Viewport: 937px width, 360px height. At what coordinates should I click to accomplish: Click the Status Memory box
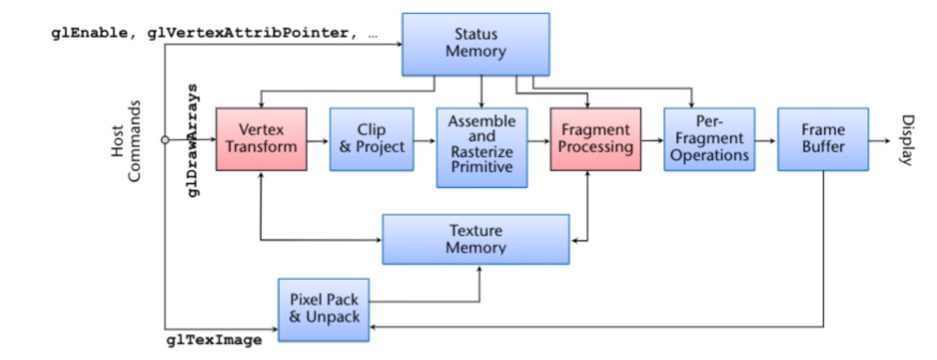pos(475,44)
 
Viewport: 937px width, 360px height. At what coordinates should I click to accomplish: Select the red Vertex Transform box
pos(261,139)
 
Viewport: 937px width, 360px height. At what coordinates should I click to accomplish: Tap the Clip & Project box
pos(372,139)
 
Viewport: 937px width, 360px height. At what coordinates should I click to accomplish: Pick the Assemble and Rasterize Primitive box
pos(482,148)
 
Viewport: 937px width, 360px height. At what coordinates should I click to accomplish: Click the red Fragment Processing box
pos(595,139)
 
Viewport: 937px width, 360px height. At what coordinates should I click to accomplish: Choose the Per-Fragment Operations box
pos(709,139)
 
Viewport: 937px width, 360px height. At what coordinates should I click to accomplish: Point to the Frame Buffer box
pos(822,139)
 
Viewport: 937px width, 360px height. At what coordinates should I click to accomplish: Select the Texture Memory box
pos(475,239)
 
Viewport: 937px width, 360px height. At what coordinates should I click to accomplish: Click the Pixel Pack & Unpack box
pos(324,309)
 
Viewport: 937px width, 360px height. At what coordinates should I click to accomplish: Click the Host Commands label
pos(127,140)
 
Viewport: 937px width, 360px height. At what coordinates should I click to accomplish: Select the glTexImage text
pos(214,340)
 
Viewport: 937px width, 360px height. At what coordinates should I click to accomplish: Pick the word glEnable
pos(89,34)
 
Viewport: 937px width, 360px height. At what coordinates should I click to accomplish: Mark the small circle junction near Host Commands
pos(165,140)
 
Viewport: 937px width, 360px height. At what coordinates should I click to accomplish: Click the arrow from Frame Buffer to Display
pos(880,141)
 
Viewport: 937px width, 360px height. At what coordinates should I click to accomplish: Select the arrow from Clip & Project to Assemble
pos(425,141)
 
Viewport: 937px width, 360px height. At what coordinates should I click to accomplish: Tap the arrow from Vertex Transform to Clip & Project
pos(318,141)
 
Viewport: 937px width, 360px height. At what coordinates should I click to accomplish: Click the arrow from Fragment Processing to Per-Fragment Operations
pos(652,141)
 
